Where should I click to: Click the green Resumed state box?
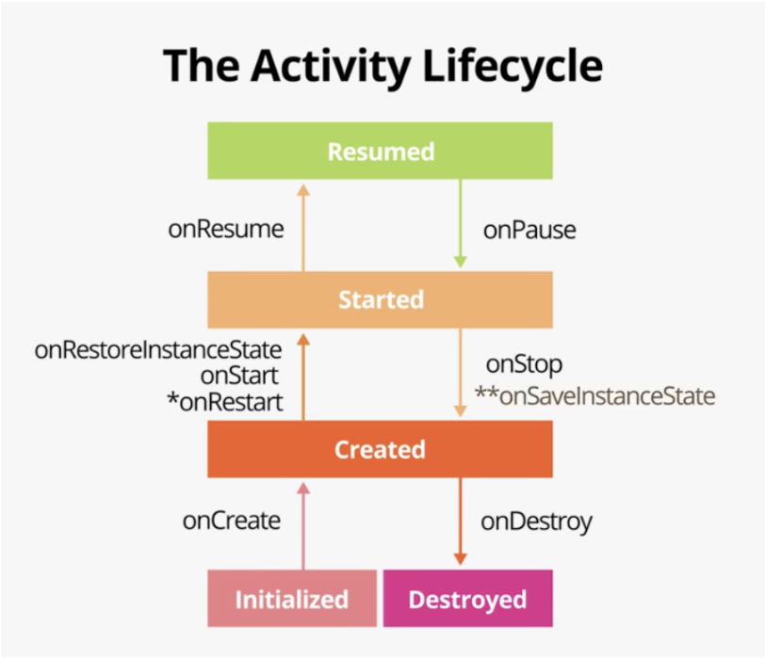point(380,151)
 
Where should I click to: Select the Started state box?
point(380,299)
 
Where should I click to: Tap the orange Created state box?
point(380,449)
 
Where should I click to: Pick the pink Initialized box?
point(291,599)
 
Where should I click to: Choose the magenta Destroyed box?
point(467,599)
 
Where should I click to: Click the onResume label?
point(225,229)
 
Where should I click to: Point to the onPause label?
point(529,229)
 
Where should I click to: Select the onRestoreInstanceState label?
point(158,350)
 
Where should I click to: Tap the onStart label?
point(239,376)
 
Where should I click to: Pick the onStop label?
point(523,365)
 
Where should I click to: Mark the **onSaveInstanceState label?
point(594,395)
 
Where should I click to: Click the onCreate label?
point(232,520)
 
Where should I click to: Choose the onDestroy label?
point(536,521)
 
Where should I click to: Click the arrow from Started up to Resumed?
point(302,227)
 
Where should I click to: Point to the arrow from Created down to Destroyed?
point(460,522)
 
